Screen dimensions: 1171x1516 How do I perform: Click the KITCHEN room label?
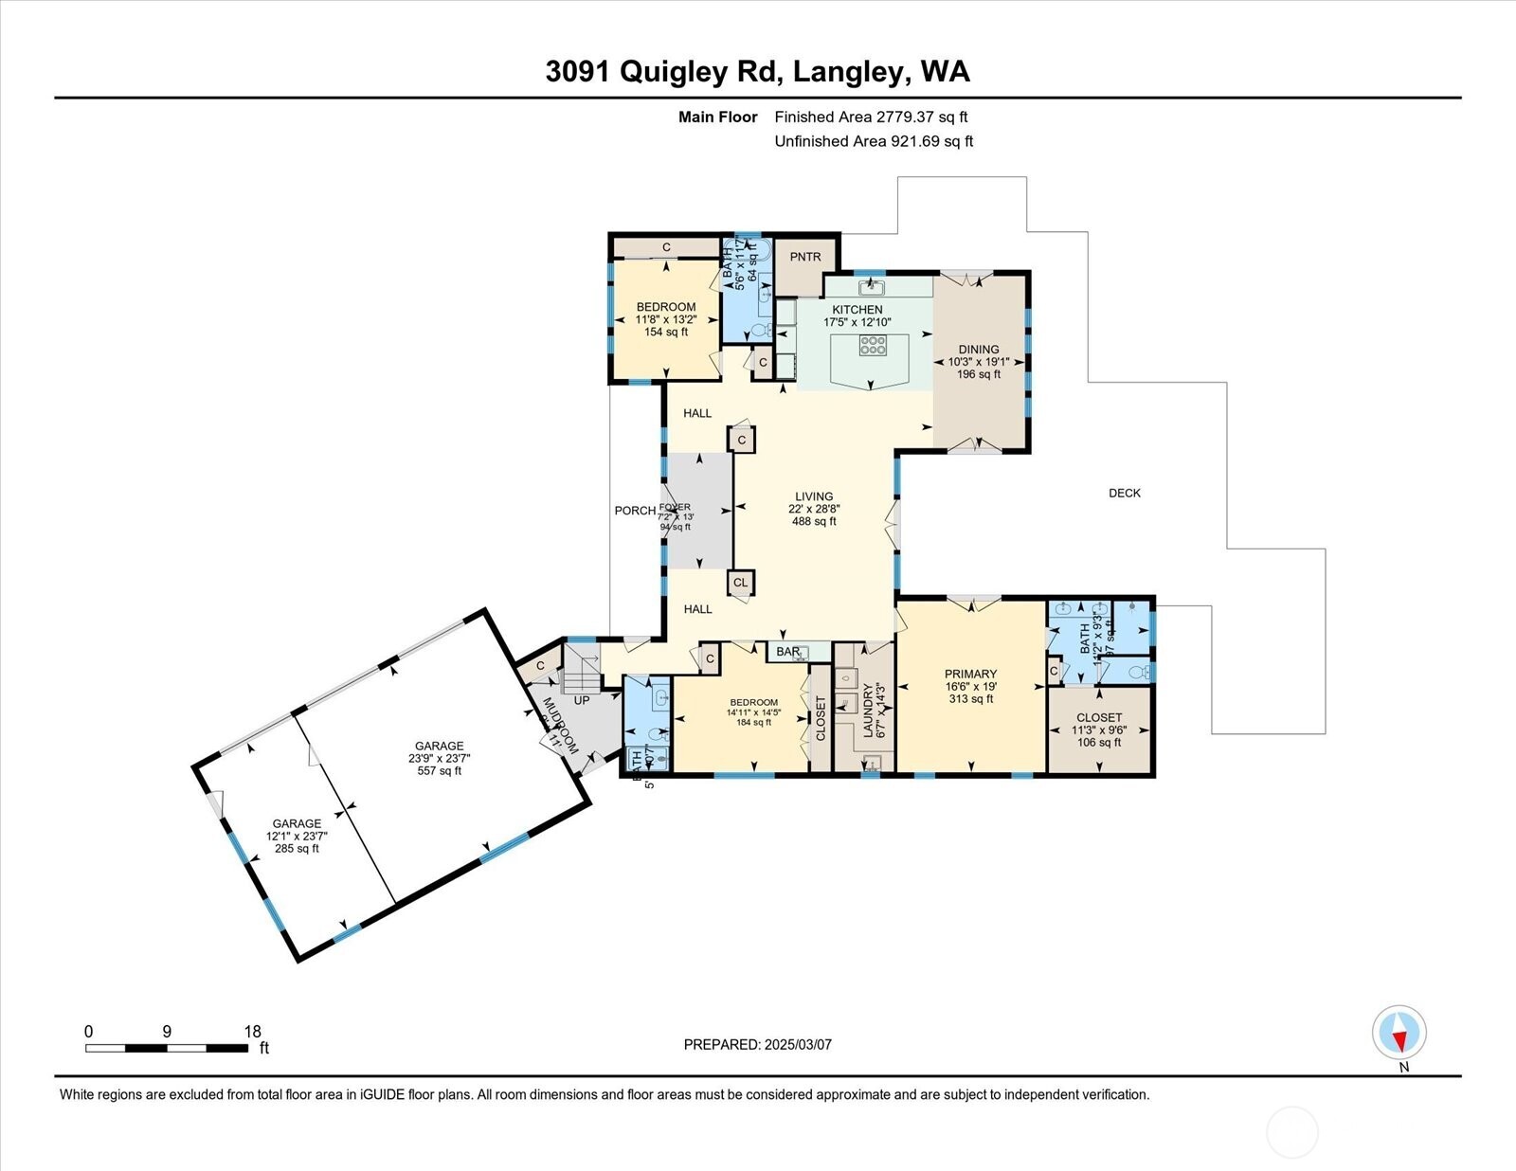click(x=857, y=310)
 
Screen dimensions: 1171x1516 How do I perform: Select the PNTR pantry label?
click(x=805, y=257)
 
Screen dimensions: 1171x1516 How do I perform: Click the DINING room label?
click(x=978, y=350)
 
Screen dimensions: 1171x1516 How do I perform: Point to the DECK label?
click(x=1125, y=493)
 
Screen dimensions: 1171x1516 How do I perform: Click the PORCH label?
click(x=634, y=511)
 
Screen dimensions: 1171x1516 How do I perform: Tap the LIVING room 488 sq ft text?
click(x=814, y=521)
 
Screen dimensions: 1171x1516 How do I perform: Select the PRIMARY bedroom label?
click(x=970, y=675)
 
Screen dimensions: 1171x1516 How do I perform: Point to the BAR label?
click(x=788, y=652)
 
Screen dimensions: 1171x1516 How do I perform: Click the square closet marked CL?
click(x=741, y=582)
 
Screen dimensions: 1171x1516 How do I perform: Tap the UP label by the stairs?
click(x=582, y=700)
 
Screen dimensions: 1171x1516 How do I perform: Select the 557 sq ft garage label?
click(x=439, y=758)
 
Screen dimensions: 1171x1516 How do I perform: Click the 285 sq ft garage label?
click(x=297, y=836)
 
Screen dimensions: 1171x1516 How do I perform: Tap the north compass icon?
click(x=1399, y=1032)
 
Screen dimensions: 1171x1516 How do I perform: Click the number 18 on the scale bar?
click(x=252, y=1032)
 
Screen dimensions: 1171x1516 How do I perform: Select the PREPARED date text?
click(x=757, y=1044)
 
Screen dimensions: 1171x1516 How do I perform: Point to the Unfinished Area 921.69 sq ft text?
click(x=874, y=141)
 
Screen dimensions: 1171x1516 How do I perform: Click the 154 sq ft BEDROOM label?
click(x=666, y=319)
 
